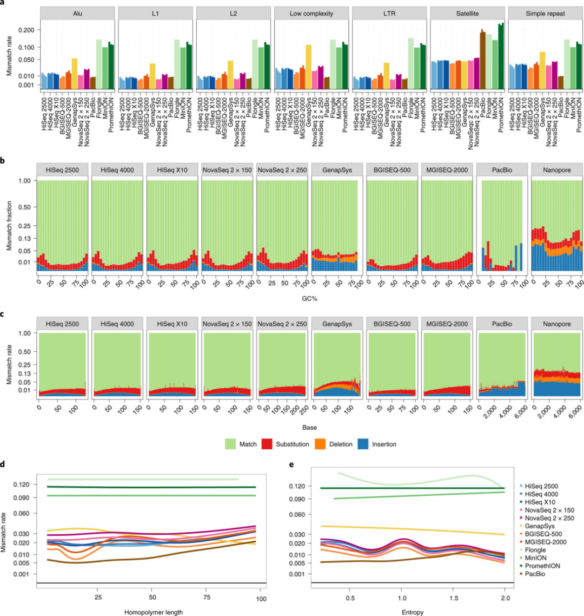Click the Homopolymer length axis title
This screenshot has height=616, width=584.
152,612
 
